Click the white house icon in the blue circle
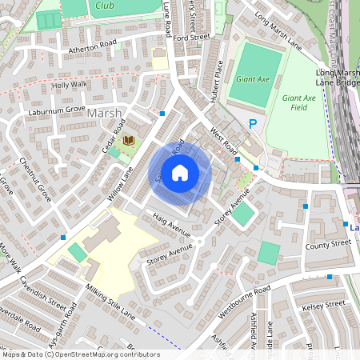(x=180, y=172)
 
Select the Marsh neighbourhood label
(x=105, y=113)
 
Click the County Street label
(x=328, y=245)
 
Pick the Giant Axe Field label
(x=295, y=102)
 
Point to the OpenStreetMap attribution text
(x=80, y=354)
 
